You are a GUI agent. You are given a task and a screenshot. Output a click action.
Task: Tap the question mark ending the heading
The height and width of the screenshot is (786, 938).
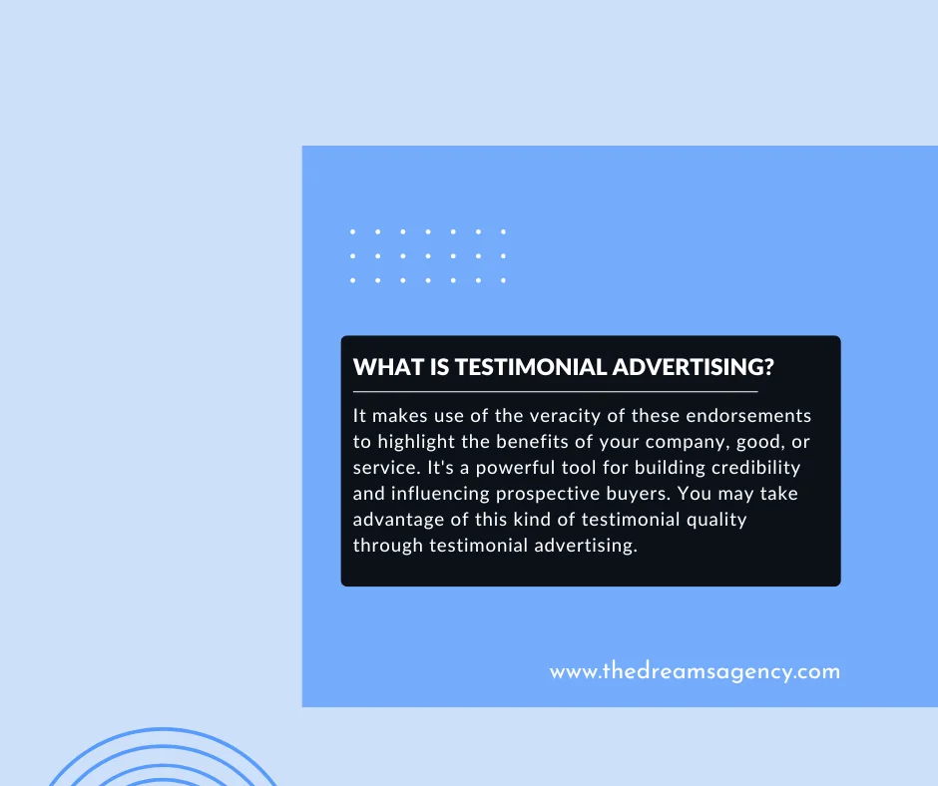tap(768, 367)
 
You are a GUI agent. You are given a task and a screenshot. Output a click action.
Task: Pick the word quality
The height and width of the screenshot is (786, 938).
tap(711, 520)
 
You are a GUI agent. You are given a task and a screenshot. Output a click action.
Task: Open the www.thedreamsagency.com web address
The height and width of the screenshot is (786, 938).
tap(695, 671)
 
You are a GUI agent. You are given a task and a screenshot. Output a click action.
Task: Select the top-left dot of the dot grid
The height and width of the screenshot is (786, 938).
tap(353, 231)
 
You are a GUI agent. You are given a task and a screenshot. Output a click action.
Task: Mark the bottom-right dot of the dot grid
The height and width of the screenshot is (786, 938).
tap(503, 280)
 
